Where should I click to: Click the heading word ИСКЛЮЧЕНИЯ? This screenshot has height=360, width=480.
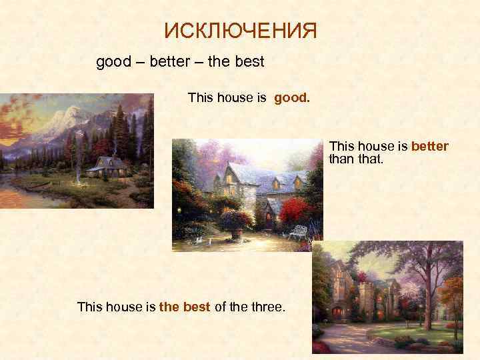coord(241,31)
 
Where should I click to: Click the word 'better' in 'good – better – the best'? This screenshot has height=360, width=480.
coord(173,63)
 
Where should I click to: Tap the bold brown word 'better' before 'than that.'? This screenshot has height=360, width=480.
coord(430,146)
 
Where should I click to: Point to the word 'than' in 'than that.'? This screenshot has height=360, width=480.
coord(341,159)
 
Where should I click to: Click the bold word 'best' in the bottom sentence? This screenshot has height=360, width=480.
coord(197,307)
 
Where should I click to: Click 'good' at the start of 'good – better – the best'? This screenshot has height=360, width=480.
coord(114,63)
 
